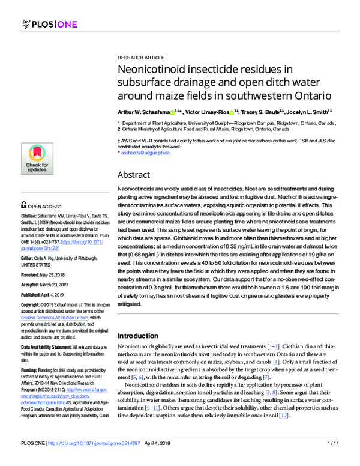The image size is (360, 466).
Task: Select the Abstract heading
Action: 133,175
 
